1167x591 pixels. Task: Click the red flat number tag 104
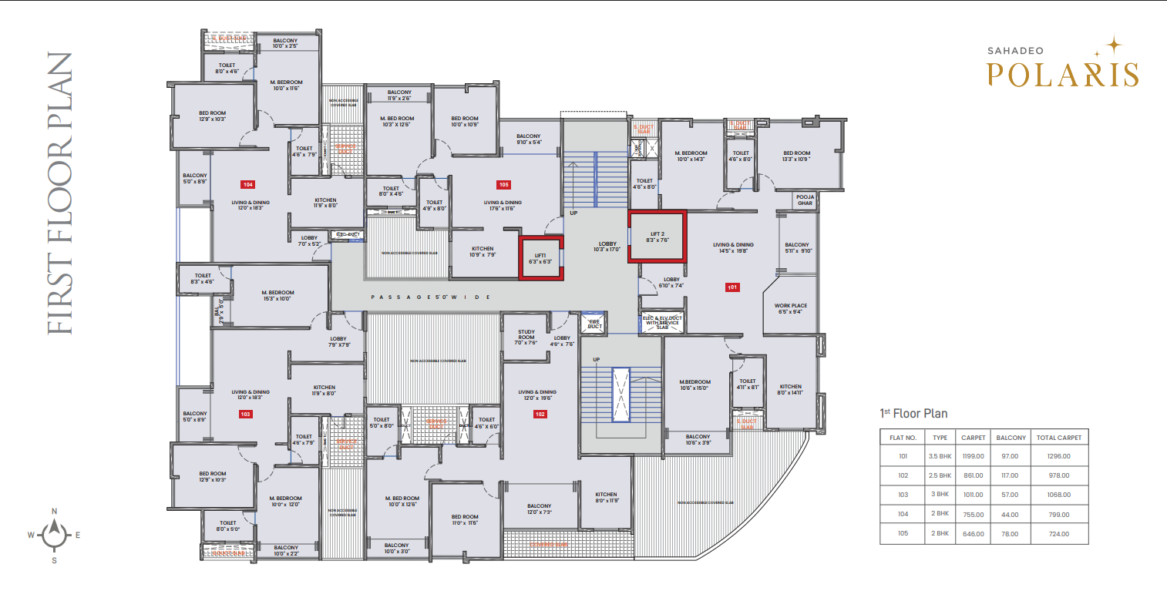pos(247,185)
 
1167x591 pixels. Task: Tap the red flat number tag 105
pos(503,185)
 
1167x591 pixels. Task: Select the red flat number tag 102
pos(540,415)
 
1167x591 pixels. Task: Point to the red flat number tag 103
pos(245,414)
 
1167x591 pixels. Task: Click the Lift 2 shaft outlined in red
pos(657,237)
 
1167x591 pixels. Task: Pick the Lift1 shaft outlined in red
pos(540,258)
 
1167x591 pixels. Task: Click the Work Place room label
pos(790,308)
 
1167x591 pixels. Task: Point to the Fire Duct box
pos(594,324)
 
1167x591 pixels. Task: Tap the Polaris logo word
pos(1063,74)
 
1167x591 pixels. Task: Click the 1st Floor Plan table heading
pos(913,414)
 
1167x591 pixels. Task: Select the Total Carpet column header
pos(1059,437)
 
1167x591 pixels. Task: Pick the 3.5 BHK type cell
pos(940,456)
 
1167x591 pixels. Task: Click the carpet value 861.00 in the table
pos(974,475)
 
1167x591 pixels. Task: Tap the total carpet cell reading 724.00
pos(1059,533)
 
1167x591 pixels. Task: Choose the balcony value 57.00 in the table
pos(1011,495)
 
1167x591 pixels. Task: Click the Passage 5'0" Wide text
pos(430,297)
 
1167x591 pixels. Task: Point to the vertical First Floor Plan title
pos(59,193)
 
